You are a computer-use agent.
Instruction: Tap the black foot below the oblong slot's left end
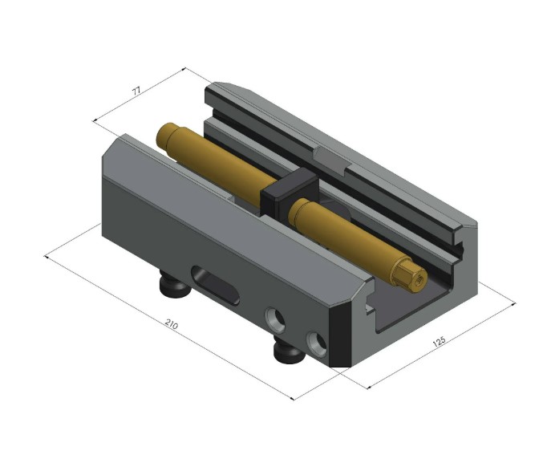[173, 283]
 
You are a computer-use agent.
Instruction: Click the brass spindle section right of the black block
[353, 237]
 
